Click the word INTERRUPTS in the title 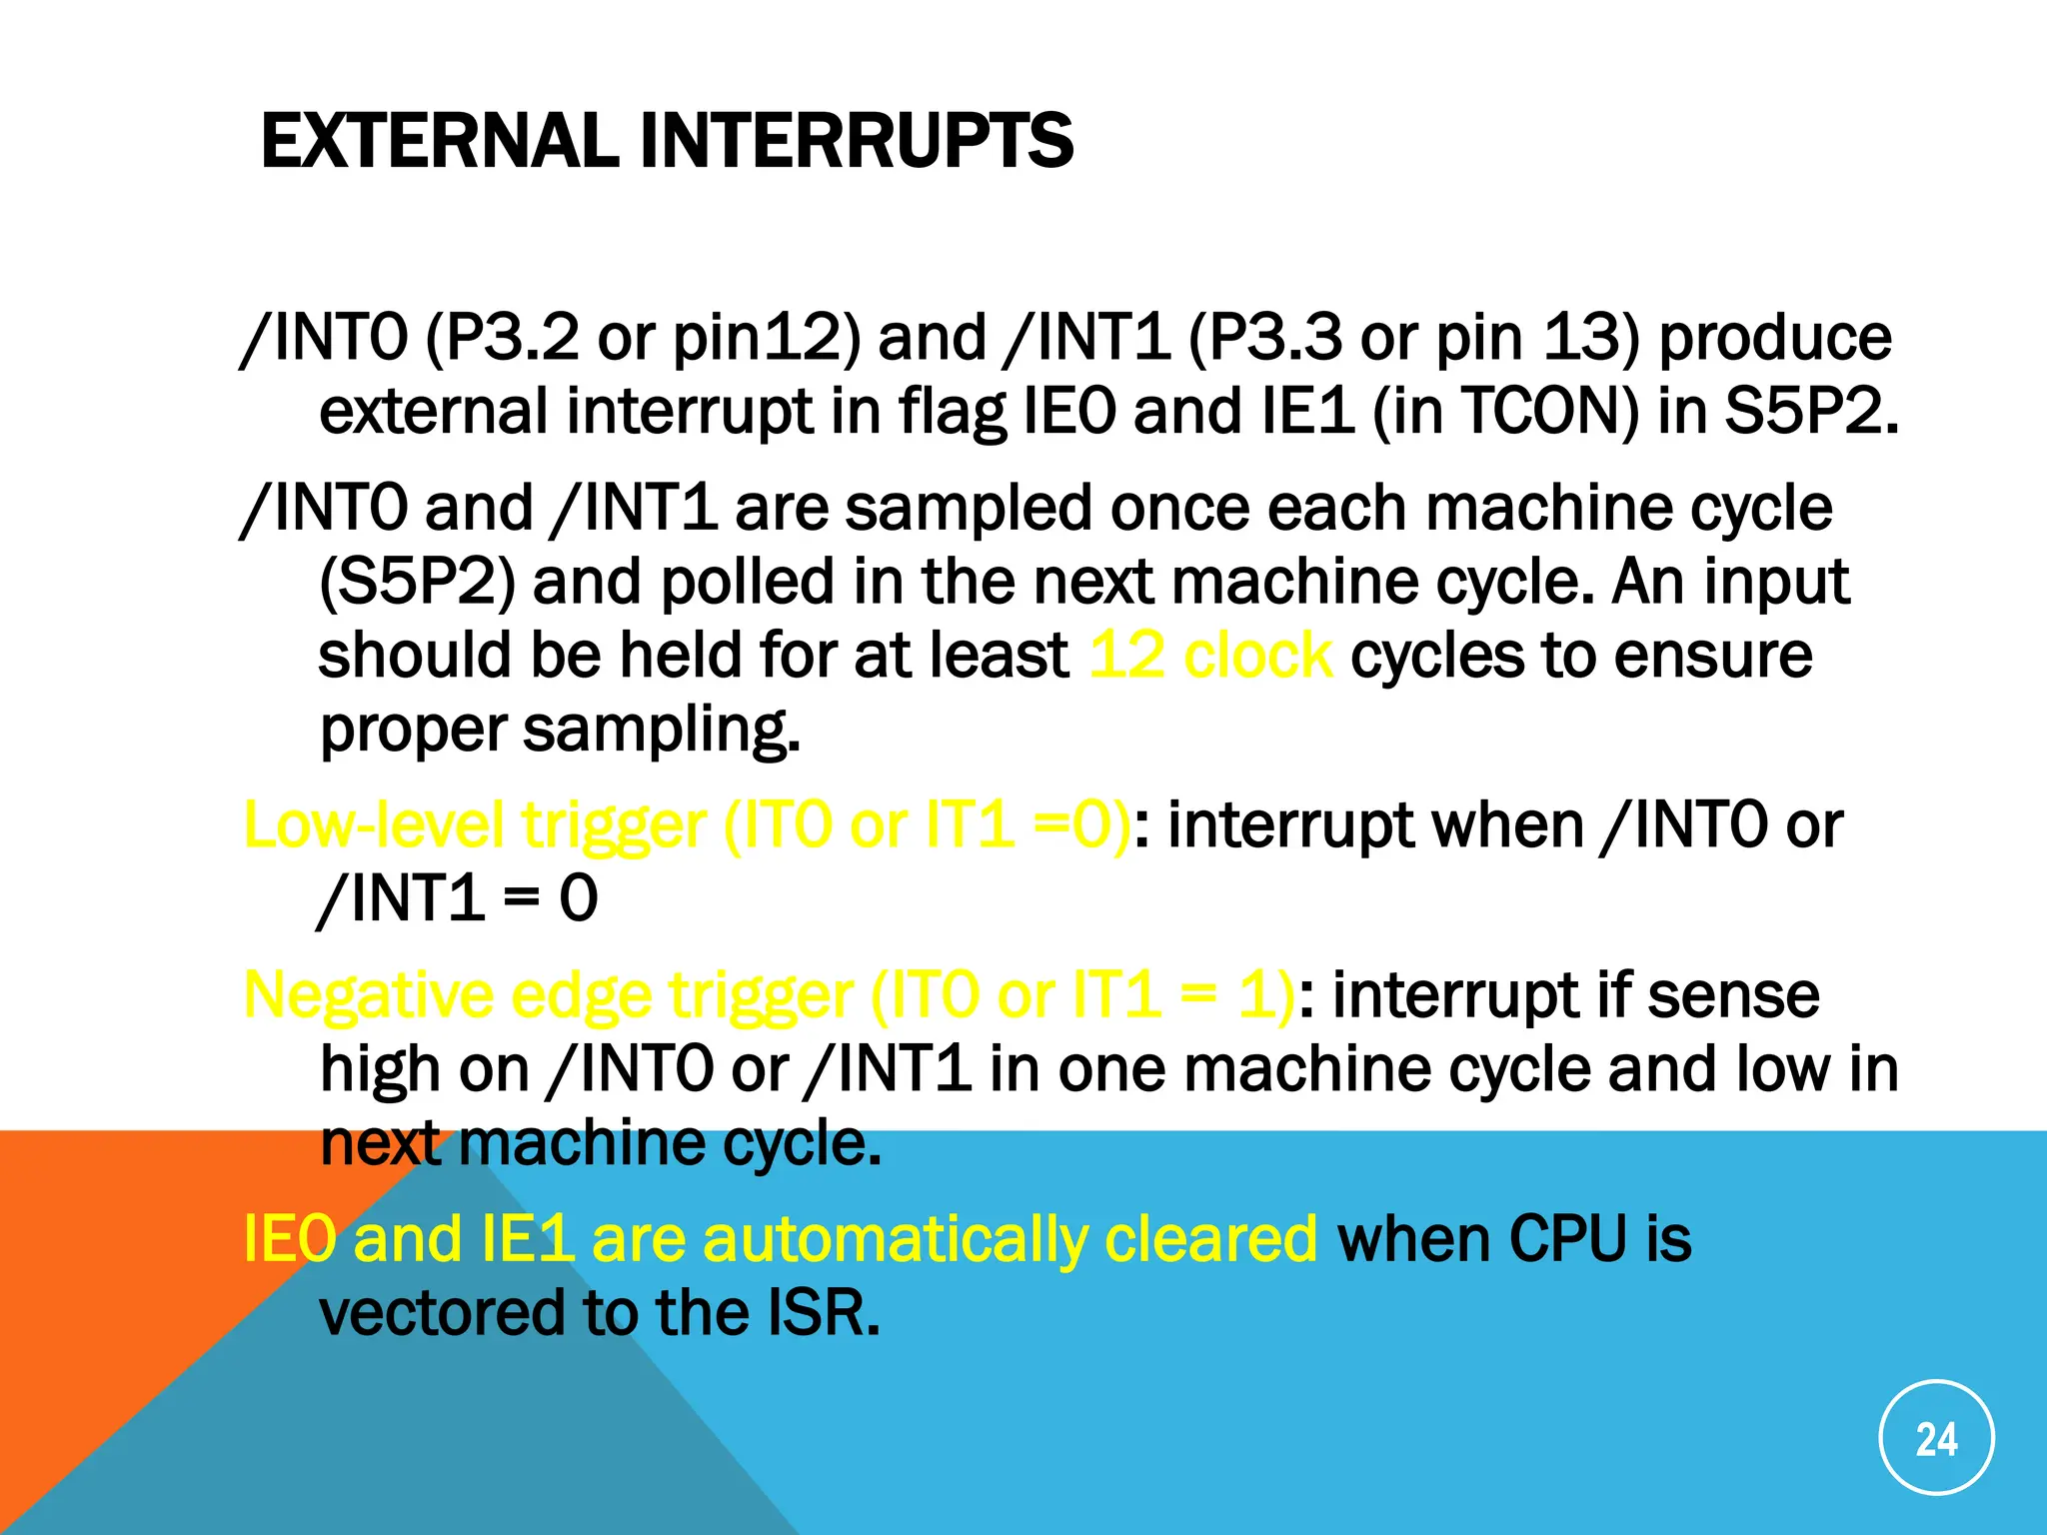857,141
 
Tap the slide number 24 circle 1936,1438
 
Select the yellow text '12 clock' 1209,657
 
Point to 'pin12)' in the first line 766,338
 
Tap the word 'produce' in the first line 1775,338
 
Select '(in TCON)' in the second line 1506,411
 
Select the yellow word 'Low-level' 373,826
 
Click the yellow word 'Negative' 369,996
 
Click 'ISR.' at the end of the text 823,1313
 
